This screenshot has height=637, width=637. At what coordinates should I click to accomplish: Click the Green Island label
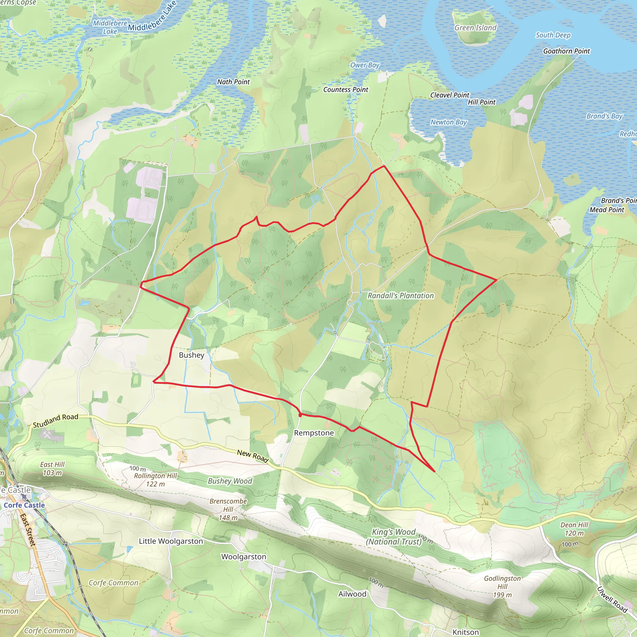coord(475,28)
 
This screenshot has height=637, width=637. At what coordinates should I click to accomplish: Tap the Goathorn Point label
coord(566,51)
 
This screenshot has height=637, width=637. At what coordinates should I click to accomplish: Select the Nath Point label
coord(234,82)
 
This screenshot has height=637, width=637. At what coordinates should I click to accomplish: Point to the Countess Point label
coord(346,90)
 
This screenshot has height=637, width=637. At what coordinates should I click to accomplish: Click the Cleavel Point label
coord(449,95)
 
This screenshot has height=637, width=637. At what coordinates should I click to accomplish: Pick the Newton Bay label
coord(449,122)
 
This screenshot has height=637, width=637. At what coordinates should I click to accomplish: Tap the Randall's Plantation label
coord(401,296)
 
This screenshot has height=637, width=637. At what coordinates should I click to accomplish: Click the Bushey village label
coord(192,355)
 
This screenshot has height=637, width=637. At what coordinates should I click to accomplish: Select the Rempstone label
coord(314,433)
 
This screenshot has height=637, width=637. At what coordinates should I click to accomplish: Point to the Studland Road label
coord(56,421)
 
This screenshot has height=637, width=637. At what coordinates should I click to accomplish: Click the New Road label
coord(253,456)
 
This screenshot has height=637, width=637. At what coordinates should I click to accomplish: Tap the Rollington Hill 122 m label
coord(155,480)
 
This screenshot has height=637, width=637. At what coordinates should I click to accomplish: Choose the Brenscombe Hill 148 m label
coord(228,509)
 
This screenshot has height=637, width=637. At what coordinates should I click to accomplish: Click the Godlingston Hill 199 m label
coord(502,587)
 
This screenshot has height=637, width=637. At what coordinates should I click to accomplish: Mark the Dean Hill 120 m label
coord(574,529)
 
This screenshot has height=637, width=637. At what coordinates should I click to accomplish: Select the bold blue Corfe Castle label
coord(24,505)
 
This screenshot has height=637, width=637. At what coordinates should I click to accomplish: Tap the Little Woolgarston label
coord(171,541)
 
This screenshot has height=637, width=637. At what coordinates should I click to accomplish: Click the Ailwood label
coord(352,594)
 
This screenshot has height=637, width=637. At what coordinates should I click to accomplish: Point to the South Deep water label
coord(553,35)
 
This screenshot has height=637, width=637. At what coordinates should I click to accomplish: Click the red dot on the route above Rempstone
coord(300,415)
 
